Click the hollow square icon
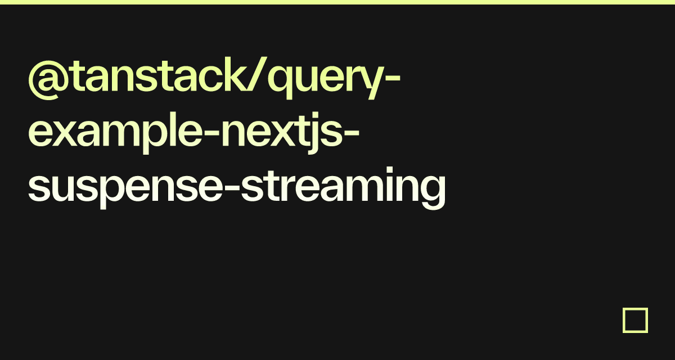(635, 320)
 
